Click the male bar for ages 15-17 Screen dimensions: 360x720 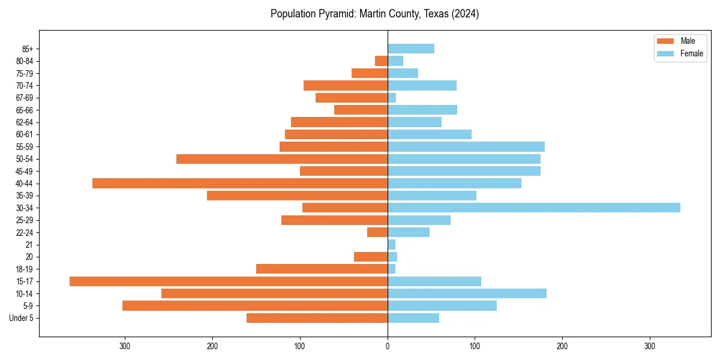point(228,281)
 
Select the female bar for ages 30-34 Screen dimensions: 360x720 point(534,208)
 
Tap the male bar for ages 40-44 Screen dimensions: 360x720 point(240,183)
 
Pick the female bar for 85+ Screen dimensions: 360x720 point(411,49)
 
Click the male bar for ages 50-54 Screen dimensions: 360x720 point(282,159)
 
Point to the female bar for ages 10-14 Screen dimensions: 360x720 point(467,293)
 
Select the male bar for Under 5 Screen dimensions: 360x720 point(317,318)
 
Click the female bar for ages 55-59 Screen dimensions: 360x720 point(466,146)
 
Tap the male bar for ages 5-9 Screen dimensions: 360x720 point(255,306)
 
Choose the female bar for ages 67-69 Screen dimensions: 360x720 point(392,98)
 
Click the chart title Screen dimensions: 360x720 point(374,14)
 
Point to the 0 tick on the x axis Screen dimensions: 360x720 point(388,347)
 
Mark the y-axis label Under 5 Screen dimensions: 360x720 point(21,318)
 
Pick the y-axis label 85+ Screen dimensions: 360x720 point(26,49)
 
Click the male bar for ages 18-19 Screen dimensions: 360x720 point(322,269)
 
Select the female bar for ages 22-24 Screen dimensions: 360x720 point(409,232)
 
